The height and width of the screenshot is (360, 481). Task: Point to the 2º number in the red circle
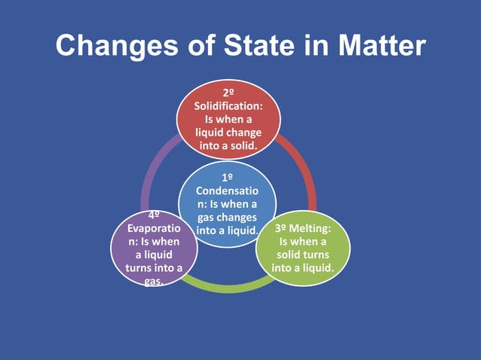coord(228,93)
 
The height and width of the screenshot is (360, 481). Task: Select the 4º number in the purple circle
coord(153,215)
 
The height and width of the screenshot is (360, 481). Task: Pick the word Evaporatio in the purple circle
coord(153,227)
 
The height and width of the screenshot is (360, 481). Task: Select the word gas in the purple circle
coord(153,281)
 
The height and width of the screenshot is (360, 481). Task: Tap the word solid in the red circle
coord(243,145)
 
